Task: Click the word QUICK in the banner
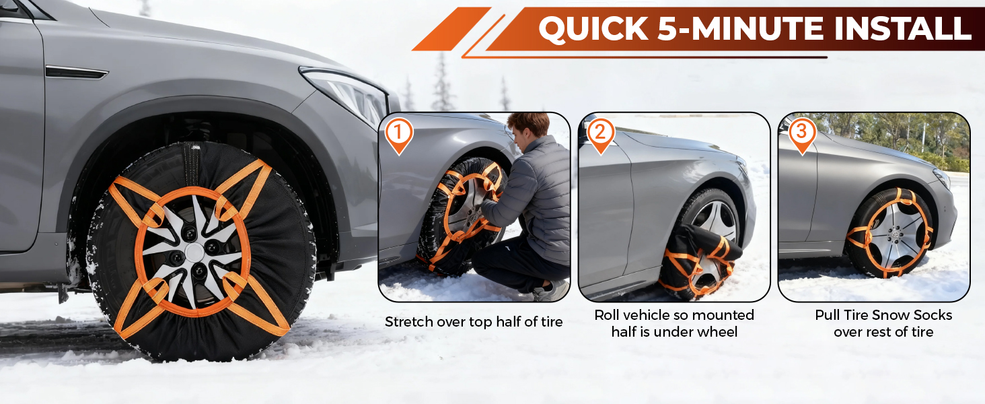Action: [593, 28]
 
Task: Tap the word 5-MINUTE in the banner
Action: [741, 28]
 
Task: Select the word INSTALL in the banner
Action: [902, 28]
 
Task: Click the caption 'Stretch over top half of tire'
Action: [474, 322]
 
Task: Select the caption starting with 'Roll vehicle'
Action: [674, 323]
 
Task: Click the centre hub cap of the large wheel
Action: [194, 252]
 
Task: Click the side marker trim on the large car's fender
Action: [77, 72]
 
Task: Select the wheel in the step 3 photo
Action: [889, 233]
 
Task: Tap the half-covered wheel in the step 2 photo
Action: [701, 244]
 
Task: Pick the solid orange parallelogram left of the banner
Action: [451, 28]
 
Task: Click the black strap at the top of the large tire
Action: [192, 164]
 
